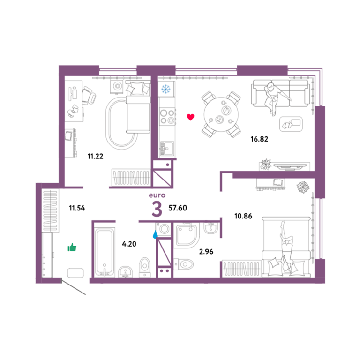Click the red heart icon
[x=191, y=117]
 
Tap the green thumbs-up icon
[x=72, y=247]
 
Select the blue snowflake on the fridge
[x=166, y=89]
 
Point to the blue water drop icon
[x=156, y=234]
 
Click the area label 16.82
[x=259, y=139]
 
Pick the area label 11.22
[x=95, y=157]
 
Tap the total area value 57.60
[x=178, y=208]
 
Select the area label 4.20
[x=129, y=244]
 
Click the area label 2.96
[x=206, y=252]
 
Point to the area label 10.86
[x=243, y=216]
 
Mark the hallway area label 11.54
[x=77, y=208]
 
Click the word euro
[x=157, y=195]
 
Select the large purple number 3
[x=157, y=209]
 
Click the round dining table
[x=221, y=114]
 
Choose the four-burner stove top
[x=167, y=117]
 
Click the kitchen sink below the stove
[x=167, y=149]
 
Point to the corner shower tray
[x=187, y=235]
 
